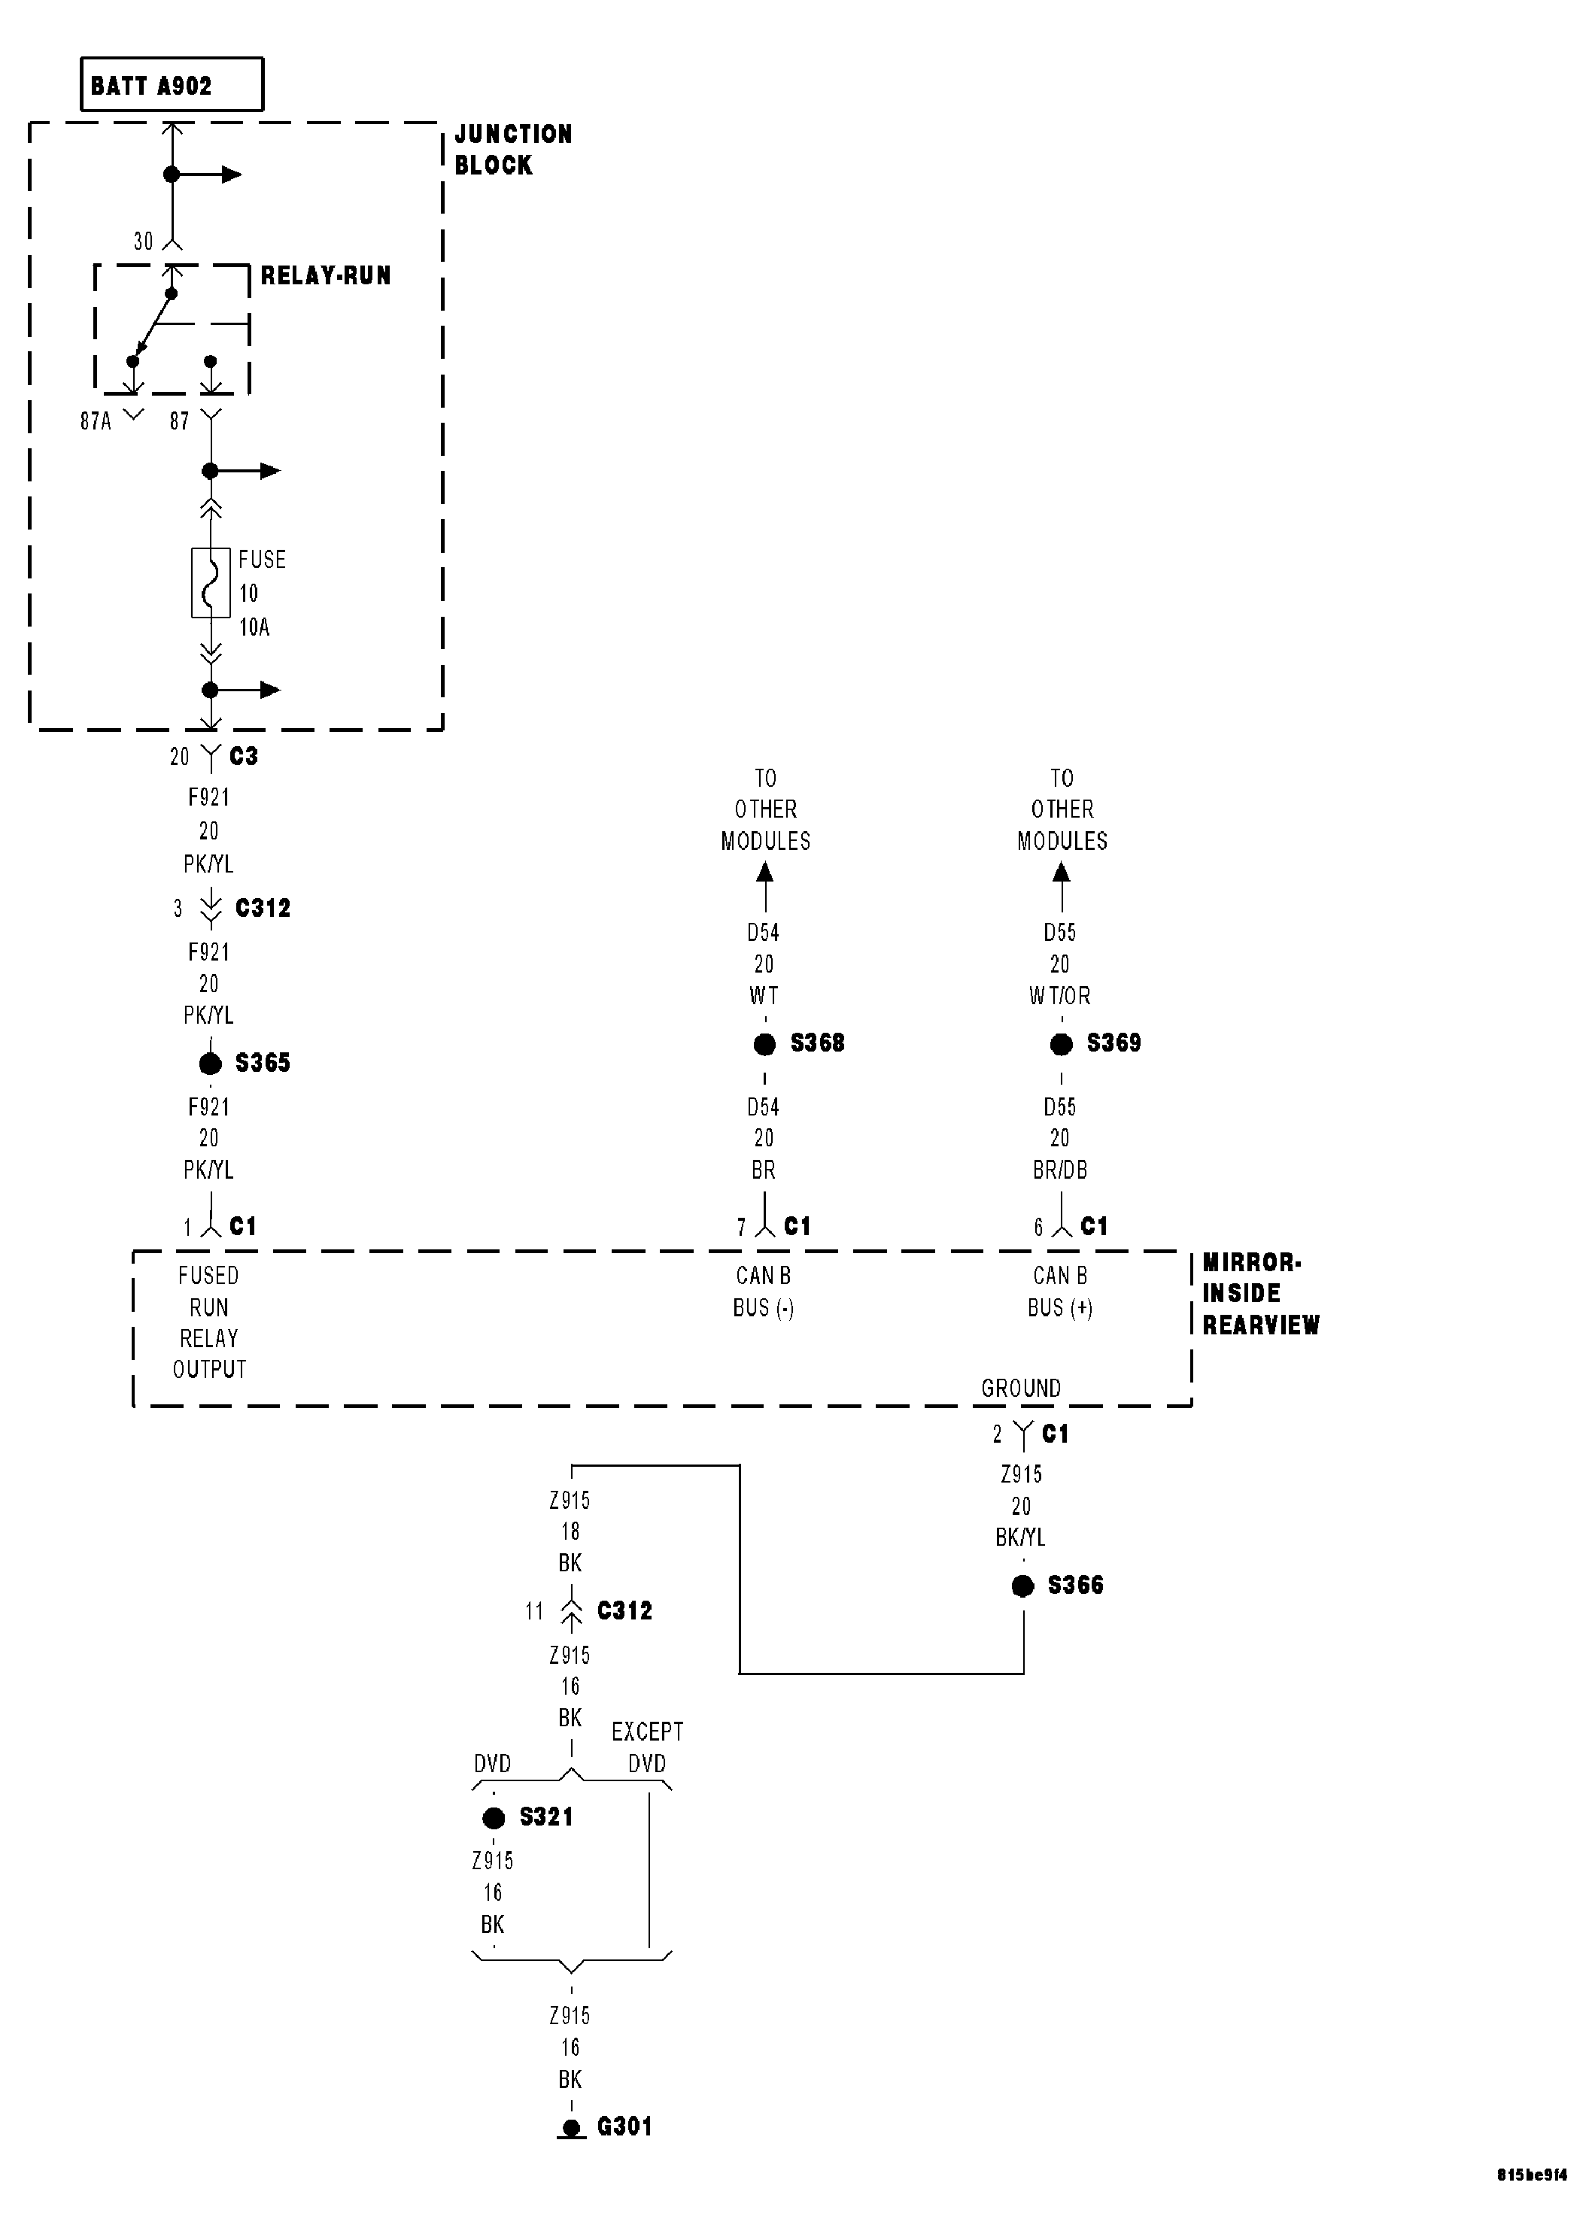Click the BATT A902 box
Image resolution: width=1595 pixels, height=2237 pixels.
(x=171, y=84)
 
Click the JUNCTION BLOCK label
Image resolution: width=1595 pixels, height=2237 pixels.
(x=512, y=149)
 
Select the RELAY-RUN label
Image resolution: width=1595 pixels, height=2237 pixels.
(x=325, y=276)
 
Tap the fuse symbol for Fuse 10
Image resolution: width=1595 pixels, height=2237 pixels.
(x=210, y=582)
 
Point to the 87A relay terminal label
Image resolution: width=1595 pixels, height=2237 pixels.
(x=96, y=421)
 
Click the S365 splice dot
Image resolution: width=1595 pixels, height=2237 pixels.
(x=210, y=1063)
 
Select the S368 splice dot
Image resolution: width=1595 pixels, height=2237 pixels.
(x=764, y=1044)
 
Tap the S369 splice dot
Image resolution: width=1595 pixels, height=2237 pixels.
(x=1061, y=1044)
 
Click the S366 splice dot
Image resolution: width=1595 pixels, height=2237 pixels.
(x=1022, y=1586)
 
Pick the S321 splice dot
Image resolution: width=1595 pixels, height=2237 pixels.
(x=493, y=1818)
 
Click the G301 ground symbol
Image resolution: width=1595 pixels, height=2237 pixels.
(x=570, y=2128)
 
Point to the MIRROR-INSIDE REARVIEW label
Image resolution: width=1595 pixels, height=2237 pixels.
(x=1260, y=1293)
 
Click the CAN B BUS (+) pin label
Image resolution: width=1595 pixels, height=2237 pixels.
(x=1060, y=1292)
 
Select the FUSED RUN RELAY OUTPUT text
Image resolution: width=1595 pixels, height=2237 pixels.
(x=208, y=1322)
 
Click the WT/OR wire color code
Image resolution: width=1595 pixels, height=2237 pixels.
(x=1060, y=996)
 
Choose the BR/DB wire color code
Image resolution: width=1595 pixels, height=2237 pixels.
(x=1060, y=1170)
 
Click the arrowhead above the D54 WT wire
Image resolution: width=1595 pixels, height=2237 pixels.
(x=764, y=871)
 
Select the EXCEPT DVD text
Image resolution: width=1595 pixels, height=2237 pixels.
(x=647, y=1747)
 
